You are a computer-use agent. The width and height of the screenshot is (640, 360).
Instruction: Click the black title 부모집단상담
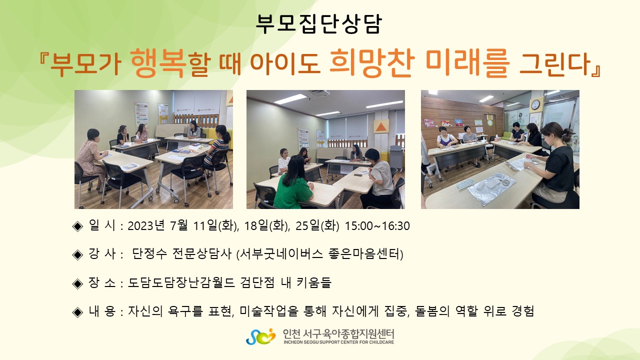point(318,24)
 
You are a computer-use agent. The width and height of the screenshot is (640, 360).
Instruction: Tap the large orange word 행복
point(158,63)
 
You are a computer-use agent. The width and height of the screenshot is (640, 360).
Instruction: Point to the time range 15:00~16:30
point(377,226)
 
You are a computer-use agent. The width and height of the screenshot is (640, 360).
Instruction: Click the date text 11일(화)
point(215,226)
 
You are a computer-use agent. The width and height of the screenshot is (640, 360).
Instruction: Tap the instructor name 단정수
point(149,253)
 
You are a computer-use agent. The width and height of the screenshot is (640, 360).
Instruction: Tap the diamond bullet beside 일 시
point(77,226)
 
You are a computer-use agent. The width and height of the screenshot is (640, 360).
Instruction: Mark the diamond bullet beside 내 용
point(77,312)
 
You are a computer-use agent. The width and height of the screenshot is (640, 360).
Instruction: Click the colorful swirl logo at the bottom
point(260,336)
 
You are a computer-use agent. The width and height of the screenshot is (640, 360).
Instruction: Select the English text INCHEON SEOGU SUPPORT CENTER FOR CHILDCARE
point(338,342)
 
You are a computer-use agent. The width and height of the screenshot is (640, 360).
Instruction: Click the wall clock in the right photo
point(535,104)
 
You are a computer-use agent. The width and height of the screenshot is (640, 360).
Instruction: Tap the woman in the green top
point(293,183)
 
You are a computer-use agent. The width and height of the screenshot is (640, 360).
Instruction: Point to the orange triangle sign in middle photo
point(381,126)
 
